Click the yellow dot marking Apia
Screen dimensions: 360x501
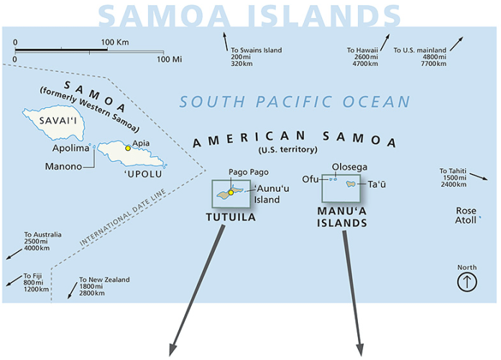click(x=129, y=148)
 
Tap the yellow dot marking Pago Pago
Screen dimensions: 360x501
click(x=231, y=192)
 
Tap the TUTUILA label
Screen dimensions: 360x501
click(x=231, y=217)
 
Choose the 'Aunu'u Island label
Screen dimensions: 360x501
click(x=267, y=194)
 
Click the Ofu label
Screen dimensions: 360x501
click(x=311, y=179)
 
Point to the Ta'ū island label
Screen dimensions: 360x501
click(x=377, y=185)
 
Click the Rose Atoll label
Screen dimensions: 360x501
click(x=466, y=216)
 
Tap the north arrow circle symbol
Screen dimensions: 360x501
click(x=467, y=282)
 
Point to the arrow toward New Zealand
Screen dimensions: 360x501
click(x=72, y=290)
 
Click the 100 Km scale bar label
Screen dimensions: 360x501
click(x=114, y=42)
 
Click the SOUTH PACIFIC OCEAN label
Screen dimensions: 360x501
click(x=295, y=102)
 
